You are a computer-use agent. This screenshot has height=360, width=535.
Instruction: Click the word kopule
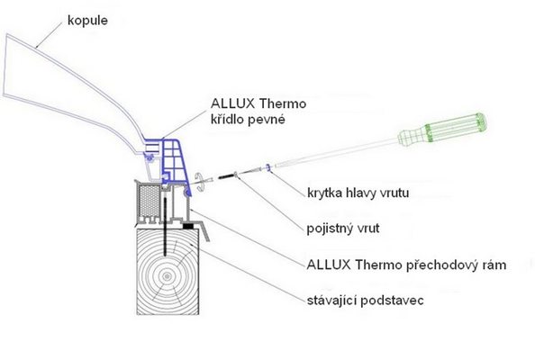click(87, 21)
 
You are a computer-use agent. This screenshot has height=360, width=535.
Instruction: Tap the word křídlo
click(230, 120)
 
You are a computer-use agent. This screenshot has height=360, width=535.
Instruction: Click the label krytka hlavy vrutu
click(358, 193)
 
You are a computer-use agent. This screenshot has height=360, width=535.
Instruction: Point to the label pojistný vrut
click(343, 229)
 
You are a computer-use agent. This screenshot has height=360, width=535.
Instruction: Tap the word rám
click(493, 265)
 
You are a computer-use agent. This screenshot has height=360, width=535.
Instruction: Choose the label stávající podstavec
click(365, 301)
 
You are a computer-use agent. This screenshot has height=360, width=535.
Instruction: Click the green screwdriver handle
click(443, 130)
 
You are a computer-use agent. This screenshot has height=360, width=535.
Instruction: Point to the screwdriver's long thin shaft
click(336, 153)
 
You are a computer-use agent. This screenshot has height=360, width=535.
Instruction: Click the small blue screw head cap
click(268, 167)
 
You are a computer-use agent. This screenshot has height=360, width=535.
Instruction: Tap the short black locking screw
click(226, 176)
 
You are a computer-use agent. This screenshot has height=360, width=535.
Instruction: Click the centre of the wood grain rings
click(167, 276)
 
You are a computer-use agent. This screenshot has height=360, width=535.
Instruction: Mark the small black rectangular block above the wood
click(188, 225)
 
